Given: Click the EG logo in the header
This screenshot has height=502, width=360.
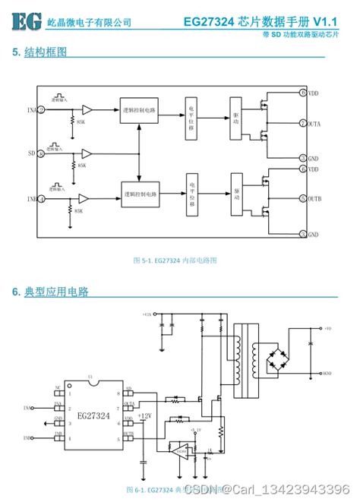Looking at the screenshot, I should pos(27,21).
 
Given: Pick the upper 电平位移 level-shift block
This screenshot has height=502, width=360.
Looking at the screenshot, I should pos(191,118).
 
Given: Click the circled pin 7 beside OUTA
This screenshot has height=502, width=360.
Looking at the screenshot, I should pos(303,123).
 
